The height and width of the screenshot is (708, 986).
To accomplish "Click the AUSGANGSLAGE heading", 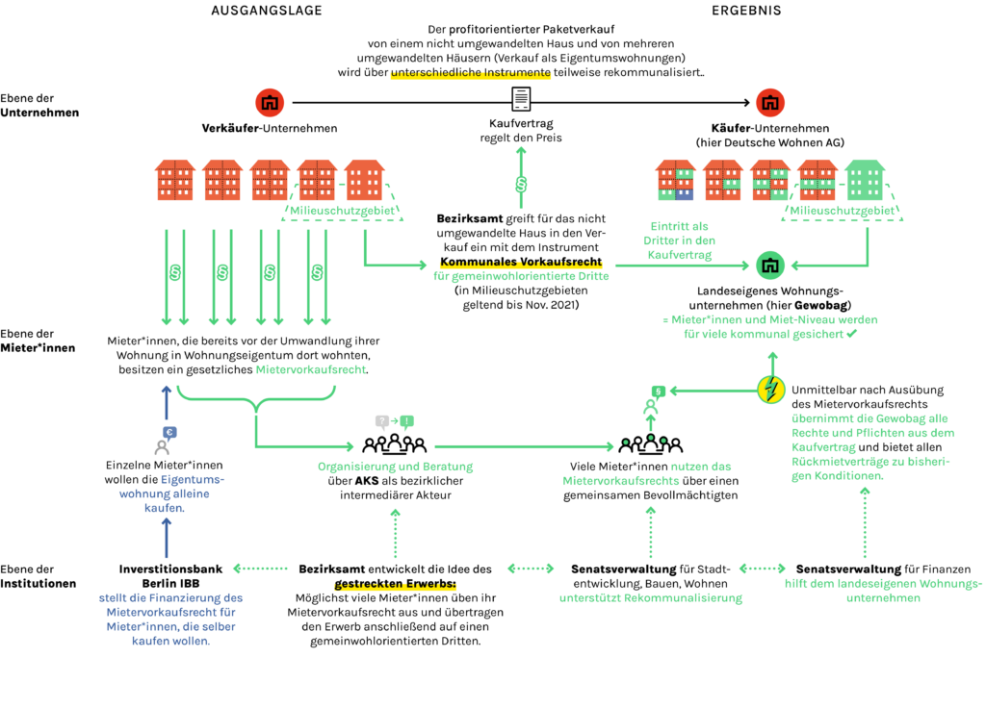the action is pos(267,11).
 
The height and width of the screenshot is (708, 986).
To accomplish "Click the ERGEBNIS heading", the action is pos(746,11).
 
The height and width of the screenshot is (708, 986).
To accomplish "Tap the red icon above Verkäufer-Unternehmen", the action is pos(270,102).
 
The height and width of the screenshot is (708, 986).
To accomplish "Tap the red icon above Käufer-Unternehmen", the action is pos(769,102).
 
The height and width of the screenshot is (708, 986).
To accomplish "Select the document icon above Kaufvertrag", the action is pos(521,99).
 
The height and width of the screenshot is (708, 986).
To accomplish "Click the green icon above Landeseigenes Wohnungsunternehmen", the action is pos(769,265).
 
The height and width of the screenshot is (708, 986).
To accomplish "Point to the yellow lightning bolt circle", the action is pos(771,390).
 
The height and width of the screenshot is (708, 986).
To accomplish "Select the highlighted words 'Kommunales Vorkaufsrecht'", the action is pos(521,262).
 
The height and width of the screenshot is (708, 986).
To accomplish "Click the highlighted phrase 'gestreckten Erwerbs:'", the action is pos(395,584).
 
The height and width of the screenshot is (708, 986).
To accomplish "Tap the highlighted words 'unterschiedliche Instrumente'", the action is pos(470,72).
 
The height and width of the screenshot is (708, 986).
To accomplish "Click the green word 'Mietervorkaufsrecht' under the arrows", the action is pos(311,369).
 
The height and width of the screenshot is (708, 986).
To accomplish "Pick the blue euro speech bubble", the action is pos(169,432).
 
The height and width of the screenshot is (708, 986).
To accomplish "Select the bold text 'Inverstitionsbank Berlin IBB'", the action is pos(170,576).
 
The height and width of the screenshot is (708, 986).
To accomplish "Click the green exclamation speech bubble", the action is pos(407,421).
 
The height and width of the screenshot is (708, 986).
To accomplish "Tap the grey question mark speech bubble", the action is pos(381,421).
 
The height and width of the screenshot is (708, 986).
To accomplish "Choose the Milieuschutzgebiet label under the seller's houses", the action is pos(342,211).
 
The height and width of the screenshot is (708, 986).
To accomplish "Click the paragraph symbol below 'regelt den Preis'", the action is pos(521,184).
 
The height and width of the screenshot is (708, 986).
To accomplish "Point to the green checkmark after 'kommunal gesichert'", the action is pos(851,334).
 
